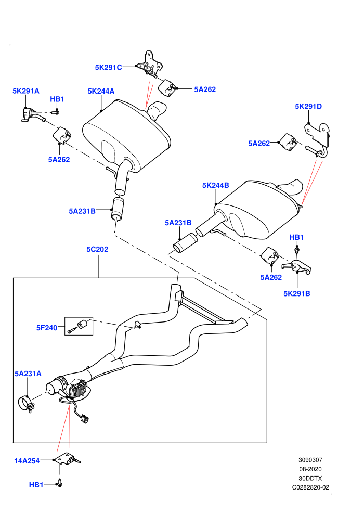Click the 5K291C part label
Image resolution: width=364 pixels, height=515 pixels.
(x=108, y=67)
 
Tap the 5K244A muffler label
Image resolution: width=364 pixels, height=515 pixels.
(x=101, y=91)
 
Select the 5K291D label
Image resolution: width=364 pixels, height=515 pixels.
(x=308, y=106)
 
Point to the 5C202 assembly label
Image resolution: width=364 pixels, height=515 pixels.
(x=97, y=249)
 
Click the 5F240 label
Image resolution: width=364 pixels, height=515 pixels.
(x=47, y=327)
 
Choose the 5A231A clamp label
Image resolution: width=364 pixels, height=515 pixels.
(x=28, y=374)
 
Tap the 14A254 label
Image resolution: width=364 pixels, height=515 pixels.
(x=27, y=461)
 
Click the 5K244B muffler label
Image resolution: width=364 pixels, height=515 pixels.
(x=215, y=185)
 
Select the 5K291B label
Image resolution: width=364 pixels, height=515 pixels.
(x=297, y=293)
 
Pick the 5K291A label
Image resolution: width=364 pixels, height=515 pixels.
(x=26, y=91)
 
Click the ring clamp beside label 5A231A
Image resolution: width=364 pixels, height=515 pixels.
(x=25, y=404)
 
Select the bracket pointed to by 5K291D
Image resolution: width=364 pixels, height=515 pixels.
(x=317, y=138)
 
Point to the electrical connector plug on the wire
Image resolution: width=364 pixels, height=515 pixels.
(x=85, y=419)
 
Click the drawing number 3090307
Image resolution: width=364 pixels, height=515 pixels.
(x=310, y=460)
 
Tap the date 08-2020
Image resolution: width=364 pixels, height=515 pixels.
(x=310, y=469)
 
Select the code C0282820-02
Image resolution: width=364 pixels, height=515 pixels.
(x=310, y=487)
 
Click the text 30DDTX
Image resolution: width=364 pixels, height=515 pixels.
(x=310, y=478)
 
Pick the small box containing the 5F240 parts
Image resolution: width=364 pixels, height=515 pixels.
(x=79, y=326)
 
